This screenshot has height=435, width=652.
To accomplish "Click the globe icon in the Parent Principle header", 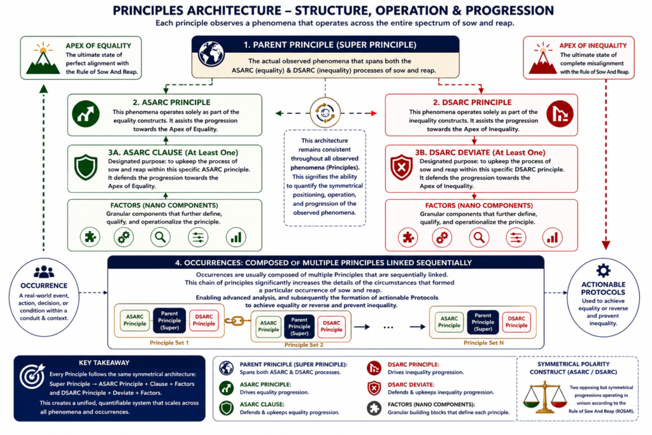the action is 211,53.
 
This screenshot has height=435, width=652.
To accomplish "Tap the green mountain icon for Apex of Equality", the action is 43,59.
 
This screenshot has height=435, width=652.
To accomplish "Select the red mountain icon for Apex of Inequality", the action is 543,59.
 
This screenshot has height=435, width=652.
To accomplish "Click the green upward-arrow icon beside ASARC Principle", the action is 86,113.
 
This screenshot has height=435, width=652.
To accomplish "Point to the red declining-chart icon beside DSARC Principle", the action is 560,114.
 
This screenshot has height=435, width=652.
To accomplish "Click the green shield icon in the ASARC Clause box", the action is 86,167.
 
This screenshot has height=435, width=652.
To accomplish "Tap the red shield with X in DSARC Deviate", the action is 401,167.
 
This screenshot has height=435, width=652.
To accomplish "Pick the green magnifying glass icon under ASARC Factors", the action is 160,237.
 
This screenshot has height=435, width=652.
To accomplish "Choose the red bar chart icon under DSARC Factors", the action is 552,238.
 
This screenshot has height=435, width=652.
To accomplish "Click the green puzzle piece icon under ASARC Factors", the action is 90,237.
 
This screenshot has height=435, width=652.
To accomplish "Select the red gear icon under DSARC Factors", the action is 442,238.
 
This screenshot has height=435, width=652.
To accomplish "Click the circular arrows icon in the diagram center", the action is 325,113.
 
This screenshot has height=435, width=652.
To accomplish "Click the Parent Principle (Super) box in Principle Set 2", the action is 299,327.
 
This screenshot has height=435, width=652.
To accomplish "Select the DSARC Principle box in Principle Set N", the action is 516,322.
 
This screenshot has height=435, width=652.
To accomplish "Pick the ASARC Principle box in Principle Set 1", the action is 135,320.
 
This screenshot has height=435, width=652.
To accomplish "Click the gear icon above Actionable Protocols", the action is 604,271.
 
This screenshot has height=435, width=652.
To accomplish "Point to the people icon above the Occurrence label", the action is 44,272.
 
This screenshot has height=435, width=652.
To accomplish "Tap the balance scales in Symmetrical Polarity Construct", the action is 544,398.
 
